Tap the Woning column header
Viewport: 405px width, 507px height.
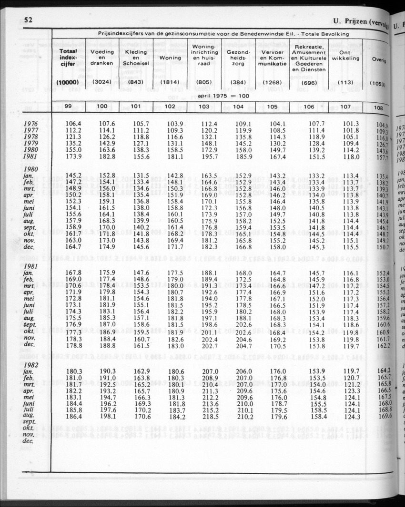(170, 58)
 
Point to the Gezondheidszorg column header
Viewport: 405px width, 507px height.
(238, 58)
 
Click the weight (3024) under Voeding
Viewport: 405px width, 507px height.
(102, 82)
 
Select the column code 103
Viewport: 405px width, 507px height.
(204, 107)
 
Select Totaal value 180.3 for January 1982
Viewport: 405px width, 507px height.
(72, 371)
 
